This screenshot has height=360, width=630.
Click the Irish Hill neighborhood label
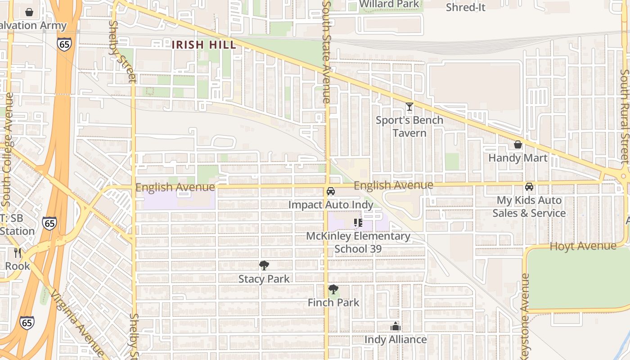coord(204,45)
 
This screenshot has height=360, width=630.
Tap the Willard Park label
coord(390,4)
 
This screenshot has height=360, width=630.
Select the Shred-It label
coord(466,7)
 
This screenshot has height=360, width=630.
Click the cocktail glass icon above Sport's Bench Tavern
coord(409,107)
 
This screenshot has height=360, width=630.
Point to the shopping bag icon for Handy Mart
coord(518,144)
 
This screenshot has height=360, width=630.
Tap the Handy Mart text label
coord(518,158)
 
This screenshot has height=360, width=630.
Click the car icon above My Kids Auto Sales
coord(529,186)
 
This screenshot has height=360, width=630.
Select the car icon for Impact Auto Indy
coord(331,191)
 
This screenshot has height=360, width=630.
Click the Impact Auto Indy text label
coord(331,205)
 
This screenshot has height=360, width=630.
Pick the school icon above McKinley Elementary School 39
coord(358,223)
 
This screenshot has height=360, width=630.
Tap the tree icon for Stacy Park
coord(264,265)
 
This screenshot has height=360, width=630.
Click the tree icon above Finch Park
coord(333,289)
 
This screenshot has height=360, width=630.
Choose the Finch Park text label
coord(333,302)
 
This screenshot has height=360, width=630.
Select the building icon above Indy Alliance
coord(396,326)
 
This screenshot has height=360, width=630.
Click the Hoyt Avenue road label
coord(583,246)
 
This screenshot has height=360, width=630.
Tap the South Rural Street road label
coord(624,116)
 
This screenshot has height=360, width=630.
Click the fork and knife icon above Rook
coord(18,253)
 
